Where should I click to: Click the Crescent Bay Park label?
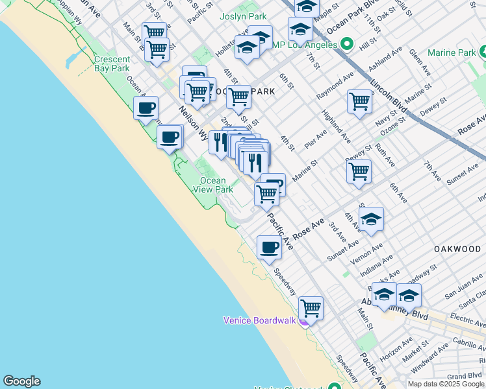click(x=112, y=63)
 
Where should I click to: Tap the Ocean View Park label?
click(x=212, y=185)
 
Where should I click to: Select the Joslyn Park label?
click(x=243, y=16)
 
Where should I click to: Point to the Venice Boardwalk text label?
click(x=259, y=320)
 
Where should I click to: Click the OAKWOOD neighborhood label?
click(x=458, y=249)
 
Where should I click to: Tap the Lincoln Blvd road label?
click(x=389, y=97)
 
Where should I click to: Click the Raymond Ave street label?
click(x=335, y=86)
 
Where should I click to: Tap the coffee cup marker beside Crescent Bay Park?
click(x=146, y=108)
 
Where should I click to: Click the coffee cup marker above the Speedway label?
click(x=269, y=247)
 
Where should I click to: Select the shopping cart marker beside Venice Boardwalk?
click(x=311, y=307)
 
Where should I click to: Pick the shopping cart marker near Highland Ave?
click(x=359, y=100)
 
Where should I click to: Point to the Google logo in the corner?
click(x=21, y=381)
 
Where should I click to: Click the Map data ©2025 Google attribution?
click(x=446, y=384)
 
